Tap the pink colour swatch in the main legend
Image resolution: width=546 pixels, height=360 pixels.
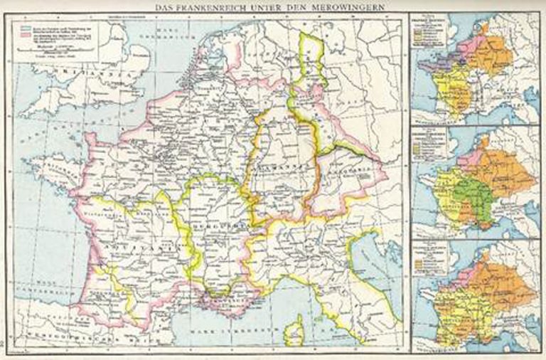[21, 32]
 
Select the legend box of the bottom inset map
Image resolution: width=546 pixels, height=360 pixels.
[431, 260]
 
